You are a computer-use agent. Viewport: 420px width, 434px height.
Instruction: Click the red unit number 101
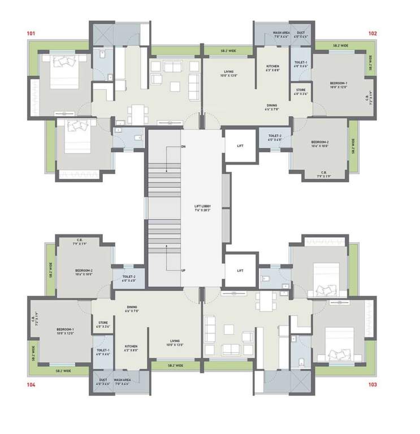(x=31, y=34)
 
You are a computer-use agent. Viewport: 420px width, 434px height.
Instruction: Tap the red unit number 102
(x=373, y=34)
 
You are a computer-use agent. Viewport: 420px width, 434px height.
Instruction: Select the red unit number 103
(x=373, y=384)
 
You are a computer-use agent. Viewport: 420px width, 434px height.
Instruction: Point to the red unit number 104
(x=31, y=384)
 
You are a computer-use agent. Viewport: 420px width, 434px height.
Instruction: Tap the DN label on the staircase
(x=184, y=146)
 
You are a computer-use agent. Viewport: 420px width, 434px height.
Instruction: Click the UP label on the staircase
(x=184, y=270)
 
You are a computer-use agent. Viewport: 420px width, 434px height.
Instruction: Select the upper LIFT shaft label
(x=240, y=146)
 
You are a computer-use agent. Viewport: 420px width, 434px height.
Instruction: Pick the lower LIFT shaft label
(x=240, y=270)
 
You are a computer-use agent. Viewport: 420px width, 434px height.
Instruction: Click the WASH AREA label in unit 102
(x=282, y=33)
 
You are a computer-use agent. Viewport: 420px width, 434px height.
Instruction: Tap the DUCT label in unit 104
(x=103, y=380)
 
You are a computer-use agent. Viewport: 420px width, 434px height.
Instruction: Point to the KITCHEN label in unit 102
(x=273, y=66)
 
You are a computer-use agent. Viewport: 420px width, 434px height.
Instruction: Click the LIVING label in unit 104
(x=175, y=341)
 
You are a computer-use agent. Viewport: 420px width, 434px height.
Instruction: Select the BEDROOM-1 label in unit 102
(x=339, y=83)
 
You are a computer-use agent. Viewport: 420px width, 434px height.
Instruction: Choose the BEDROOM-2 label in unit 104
(x=84, y=271)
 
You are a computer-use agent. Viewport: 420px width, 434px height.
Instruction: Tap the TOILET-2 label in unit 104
(x=129, y=276)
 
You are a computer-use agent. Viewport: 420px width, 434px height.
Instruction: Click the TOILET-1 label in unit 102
(x=301, y=62)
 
